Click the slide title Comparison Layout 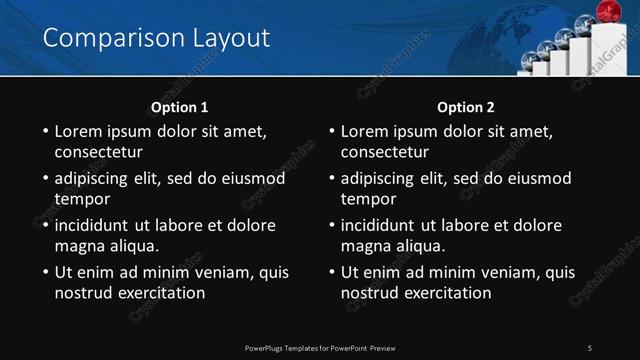coord(157,38)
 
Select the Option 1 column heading coord(180,107)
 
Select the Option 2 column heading coord(466,107)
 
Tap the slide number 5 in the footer coord(590,347)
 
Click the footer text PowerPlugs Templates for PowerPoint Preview coord(319,347)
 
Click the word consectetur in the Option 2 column coord(391,153)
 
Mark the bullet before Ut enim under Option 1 coord(45,272)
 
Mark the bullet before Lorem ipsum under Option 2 coord(331,131)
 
